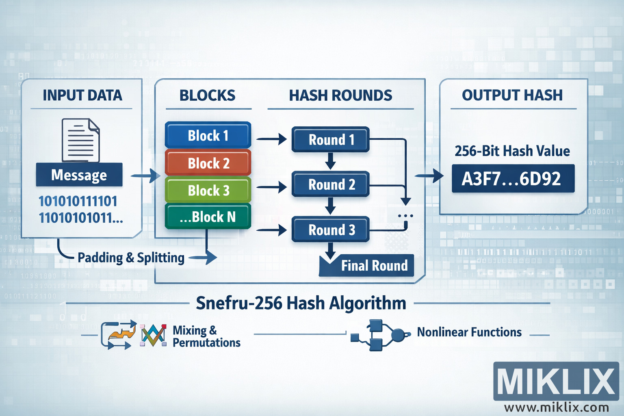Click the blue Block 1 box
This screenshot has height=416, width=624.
(208, 135)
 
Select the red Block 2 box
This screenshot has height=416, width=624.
(208, 163)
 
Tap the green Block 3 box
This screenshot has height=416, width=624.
(208, 190)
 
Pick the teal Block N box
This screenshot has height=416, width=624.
(208, 217)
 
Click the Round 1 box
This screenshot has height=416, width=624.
(331, 140)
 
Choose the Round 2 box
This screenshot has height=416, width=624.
(331, 184)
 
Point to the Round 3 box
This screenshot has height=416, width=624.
(331, 230)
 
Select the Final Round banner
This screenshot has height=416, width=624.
(367, 266)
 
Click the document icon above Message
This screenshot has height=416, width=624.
(80, 140)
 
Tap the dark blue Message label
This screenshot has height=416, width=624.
(79, 175)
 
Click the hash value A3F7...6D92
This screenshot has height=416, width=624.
(513, 179)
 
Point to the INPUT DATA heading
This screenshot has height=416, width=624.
(82, 95)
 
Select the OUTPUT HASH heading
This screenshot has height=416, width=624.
(512, 95)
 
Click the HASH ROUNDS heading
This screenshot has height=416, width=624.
(340, 95)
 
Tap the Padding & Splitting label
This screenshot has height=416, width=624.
(131, 258)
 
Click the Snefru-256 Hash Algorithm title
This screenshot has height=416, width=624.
(301, 303)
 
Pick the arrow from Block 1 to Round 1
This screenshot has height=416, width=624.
(271, 139)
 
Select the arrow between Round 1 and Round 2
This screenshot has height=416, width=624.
(331, 161)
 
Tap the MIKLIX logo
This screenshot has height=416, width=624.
(556, 381)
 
